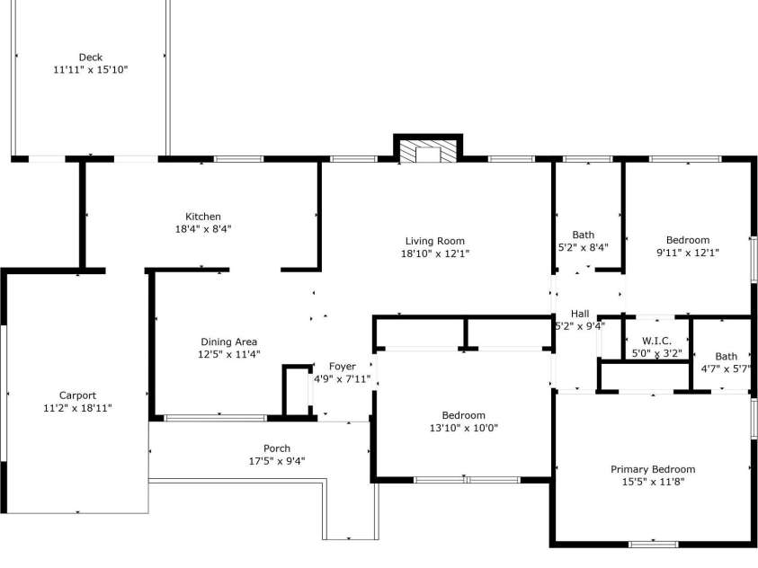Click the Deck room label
point(91,58)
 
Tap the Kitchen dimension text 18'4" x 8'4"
point(203,229)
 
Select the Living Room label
point(434,241)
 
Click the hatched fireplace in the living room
point(428,152)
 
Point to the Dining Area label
point(228,342)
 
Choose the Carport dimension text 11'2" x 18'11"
point(77,408)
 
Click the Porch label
point(277,448)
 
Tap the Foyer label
point(343,367)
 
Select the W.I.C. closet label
point(656,341)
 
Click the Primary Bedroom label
point(653,469)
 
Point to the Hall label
point(580,314)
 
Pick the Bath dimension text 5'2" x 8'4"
point(583,247)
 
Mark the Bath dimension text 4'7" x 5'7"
point(726,369)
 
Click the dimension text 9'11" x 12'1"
point(688,253)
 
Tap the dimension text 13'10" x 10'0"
point(464,428)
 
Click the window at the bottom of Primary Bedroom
point(654,545)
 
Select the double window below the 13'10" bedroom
point(467,480)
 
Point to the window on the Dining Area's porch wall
point(215,418)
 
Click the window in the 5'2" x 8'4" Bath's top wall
point(587,159)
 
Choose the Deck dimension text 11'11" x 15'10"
point(91,70)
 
